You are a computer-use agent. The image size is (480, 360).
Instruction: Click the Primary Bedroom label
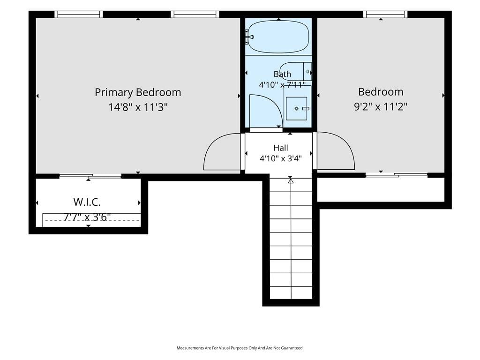(138, 92)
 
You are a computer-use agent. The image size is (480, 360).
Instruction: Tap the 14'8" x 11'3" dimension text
(138, 107)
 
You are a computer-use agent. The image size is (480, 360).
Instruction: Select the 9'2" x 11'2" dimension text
(381, 107)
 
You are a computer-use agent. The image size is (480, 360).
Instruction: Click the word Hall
(281, 148)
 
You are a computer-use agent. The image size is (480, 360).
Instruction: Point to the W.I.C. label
(87, 202)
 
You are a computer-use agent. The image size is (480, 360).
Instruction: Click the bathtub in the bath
(278, 37)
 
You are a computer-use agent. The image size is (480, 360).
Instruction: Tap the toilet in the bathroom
(296, 71)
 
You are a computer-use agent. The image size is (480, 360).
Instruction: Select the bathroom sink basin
(296, 108)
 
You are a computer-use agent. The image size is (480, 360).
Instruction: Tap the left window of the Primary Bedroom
(79, 15)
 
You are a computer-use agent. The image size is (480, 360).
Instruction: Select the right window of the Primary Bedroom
(195, 15)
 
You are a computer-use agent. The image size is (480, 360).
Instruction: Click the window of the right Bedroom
(385, 15)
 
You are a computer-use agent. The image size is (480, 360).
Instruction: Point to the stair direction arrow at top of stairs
(291, 181)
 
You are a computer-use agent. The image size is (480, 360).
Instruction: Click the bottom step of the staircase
(291, 293)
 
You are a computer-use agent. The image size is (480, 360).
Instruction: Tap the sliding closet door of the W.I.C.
(90, 176)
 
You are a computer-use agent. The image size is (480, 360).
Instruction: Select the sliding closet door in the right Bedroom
(397, 175)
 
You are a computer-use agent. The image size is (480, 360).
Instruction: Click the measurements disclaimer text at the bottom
(240, 348)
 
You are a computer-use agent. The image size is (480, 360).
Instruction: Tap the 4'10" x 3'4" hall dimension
(281, 158)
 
